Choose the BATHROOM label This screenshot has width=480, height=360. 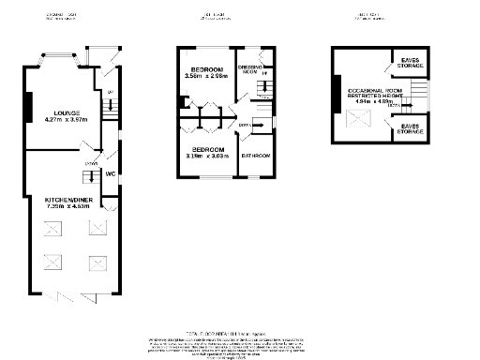point(256,156)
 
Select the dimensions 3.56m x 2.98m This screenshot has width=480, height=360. point(206,78)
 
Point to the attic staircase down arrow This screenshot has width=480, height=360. point(393,106)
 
